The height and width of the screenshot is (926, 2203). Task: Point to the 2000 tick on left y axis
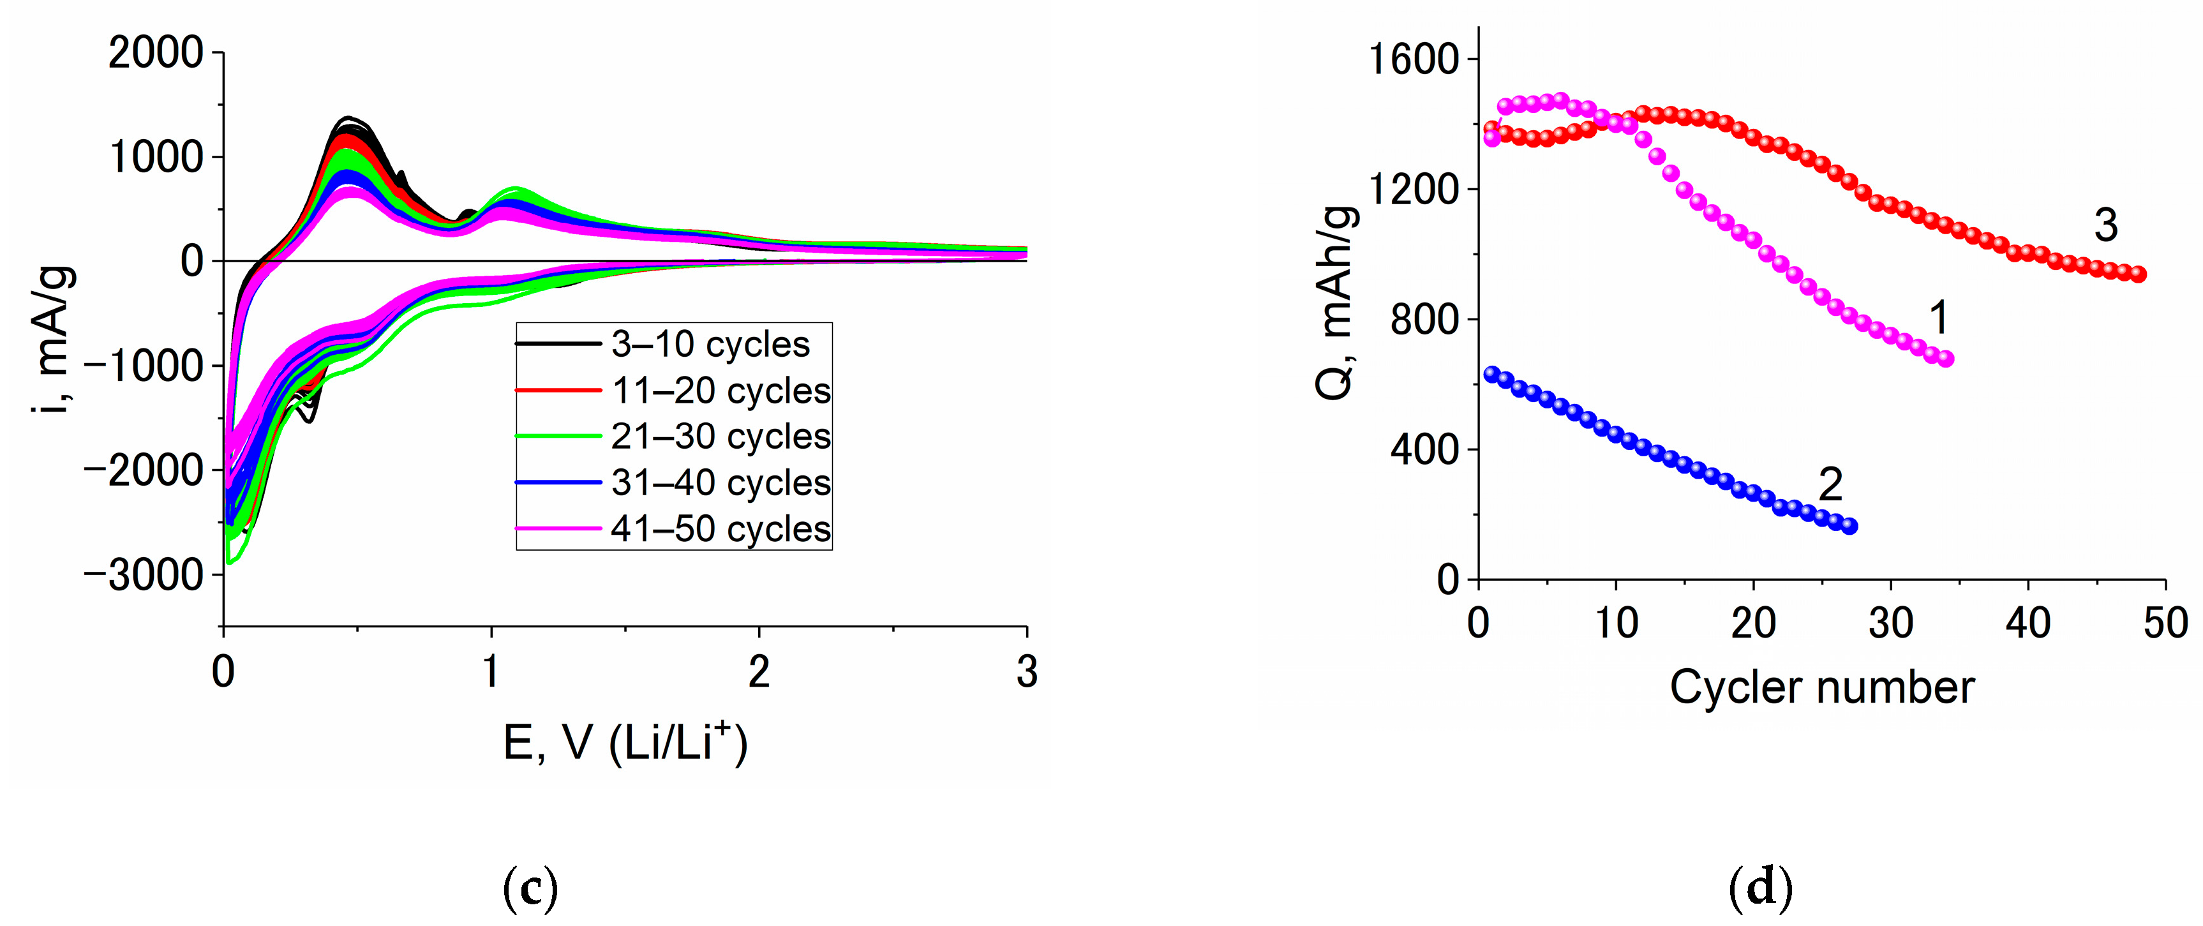[156, 53]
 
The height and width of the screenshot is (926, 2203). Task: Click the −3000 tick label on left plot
[144, 576]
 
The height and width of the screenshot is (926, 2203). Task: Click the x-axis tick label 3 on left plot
[1026, 672]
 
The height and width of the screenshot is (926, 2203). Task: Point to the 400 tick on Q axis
[1424, 450]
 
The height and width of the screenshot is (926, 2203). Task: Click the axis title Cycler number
[1821, 687]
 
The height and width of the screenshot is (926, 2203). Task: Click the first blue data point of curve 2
[1492, 373]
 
